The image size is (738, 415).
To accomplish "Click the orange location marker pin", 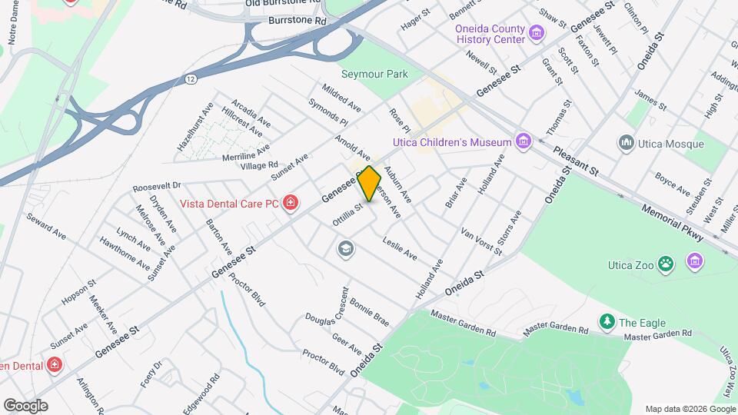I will tap(369, 184).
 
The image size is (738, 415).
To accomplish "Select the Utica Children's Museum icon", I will tap(524, 141).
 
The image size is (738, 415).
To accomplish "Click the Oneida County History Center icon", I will tap(536, 34).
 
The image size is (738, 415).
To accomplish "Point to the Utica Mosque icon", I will tap(626, 144).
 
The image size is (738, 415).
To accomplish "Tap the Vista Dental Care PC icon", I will tap(291, 203).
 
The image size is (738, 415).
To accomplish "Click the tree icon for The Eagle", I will tap(607, 321).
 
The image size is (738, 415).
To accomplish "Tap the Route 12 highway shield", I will tap(190, 79).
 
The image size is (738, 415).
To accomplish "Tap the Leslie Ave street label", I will tap(400, 247).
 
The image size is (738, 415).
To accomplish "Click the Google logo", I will tap(25, 405).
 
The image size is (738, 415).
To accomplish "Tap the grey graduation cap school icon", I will tap(345, 248).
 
